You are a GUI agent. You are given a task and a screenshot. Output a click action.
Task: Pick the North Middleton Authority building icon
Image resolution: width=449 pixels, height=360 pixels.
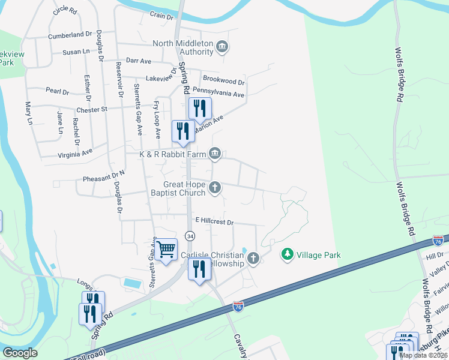point(221,47)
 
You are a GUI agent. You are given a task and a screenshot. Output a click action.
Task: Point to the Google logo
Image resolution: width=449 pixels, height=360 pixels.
point(19,353)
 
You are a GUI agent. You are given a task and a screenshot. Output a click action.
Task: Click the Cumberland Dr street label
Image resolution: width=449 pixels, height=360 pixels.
point(70,35)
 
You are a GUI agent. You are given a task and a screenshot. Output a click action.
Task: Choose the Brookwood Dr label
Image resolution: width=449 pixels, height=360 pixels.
point(224,80)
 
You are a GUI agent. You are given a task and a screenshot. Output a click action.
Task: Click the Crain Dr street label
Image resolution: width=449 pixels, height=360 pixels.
point(161,16)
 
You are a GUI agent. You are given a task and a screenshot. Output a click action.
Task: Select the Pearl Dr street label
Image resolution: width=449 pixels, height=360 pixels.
point(58,91)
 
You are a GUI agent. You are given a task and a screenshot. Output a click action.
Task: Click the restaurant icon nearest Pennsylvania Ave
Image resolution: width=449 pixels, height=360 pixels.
point(200,108)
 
